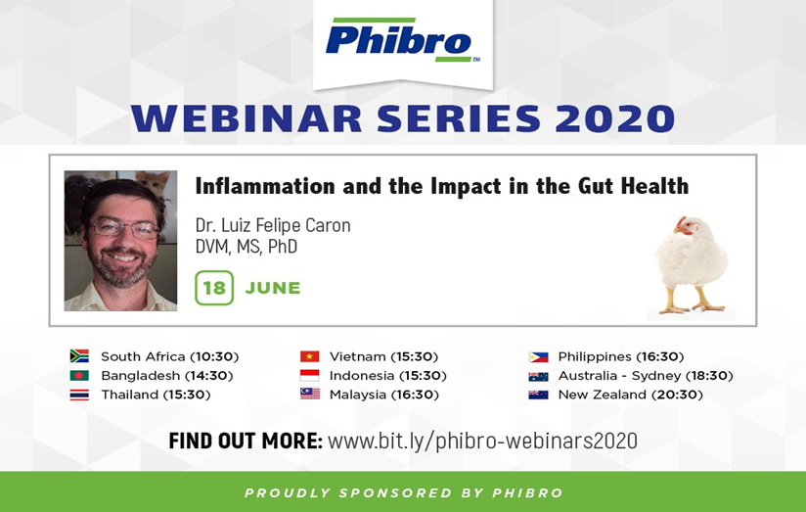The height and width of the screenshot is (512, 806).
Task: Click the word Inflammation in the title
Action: [265, 186]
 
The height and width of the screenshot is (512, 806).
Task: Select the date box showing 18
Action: [214, 288]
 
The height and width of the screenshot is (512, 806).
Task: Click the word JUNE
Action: [273, 288]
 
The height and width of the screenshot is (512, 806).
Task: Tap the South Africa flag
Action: [79, 356]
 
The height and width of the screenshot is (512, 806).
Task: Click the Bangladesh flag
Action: [79, 375]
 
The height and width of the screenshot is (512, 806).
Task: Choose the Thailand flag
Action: [79, 395]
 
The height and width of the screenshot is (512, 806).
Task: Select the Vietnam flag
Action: [309, 356]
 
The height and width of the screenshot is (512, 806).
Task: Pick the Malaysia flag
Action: [309, 395]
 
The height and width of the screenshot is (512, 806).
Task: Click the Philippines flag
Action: [538, 356]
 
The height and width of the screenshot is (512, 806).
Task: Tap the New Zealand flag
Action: [538, 395]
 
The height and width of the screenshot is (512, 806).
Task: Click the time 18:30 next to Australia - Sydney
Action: [710, 376]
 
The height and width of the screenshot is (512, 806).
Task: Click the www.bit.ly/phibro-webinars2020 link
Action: [482, 441]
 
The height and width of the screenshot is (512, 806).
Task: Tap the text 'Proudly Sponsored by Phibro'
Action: [404, 493]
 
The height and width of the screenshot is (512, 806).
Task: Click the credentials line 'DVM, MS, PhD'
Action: [246, 247]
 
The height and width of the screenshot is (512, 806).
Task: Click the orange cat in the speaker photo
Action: [153, 183]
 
